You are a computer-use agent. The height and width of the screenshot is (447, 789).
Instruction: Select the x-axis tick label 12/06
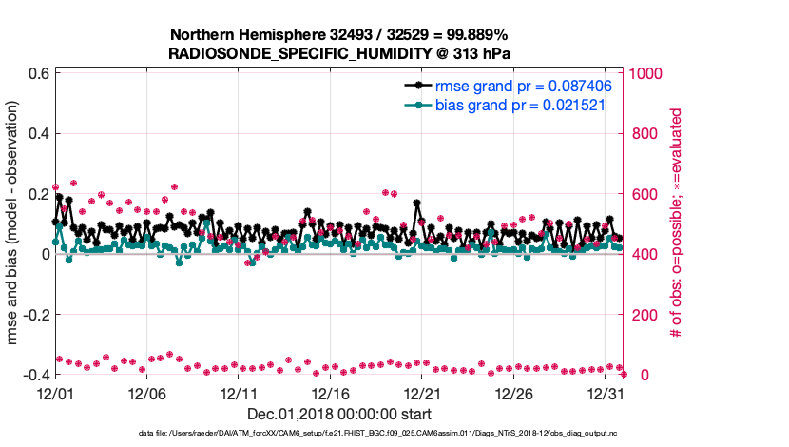click(x=147, y=393)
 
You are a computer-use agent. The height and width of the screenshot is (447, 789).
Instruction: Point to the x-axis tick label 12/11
click(x=240, y=393)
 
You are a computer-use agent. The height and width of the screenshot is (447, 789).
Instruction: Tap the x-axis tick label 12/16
click(x=331, y=393)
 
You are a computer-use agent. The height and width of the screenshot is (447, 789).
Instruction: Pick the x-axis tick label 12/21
click(x=423, y=393)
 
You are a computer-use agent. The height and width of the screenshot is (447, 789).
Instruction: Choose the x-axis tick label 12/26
click(x=514, y=393)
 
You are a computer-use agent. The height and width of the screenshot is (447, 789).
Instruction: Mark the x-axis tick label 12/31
click(x=606, y=393)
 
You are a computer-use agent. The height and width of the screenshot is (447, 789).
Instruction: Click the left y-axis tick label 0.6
click(x=37, y=73)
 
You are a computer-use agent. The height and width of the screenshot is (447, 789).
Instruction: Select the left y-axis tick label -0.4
click(x=34, y=375)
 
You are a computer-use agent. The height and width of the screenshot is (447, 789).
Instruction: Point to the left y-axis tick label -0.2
click(x=34, y=315)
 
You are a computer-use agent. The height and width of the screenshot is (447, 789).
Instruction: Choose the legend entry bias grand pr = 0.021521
click(x=521, y=105)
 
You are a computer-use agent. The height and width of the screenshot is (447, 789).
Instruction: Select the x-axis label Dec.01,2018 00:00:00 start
click(x=339, y=414)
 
